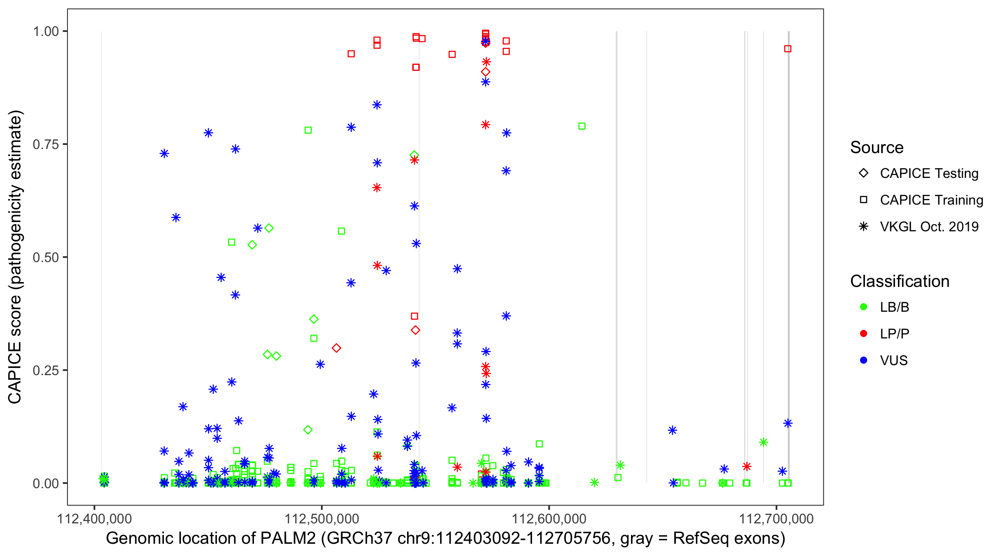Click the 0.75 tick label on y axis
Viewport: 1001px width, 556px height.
[45, 144]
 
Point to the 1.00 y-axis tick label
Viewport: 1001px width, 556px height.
[45, 31]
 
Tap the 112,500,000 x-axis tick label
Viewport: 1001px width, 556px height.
[322, 519]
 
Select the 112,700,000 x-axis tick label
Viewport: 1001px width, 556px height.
[776, 519]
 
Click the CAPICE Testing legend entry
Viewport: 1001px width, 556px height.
[929, 173]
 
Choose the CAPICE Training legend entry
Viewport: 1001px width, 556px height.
[931, 200]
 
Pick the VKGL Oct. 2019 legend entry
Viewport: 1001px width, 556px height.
[929, 226]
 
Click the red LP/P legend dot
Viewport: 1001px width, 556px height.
[863, 334]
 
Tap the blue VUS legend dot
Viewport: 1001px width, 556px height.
[863, 360]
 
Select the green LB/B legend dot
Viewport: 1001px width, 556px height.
[863, 307]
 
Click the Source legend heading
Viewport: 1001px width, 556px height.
[877, 148]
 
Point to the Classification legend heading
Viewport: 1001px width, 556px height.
[899, 281]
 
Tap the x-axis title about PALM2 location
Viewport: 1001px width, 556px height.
[445, 539]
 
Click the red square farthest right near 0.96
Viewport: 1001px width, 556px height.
[788, 49]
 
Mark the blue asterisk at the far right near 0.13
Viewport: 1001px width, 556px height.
[788, 423]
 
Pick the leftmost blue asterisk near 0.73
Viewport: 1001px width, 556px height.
[164, 153]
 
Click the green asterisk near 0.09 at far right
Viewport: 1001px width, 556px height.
[763, 442]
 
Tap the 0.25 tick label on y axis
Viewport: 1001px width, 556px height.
[45, 370]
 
